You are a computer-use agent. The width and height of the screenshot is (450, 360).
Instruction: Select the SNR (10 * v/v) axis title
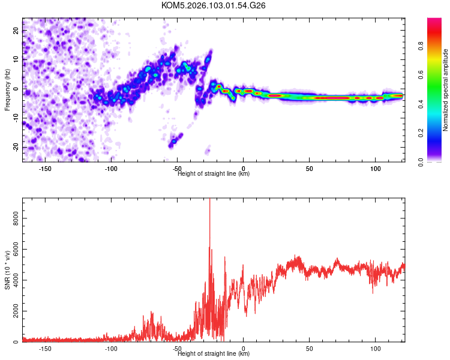pos(7,270)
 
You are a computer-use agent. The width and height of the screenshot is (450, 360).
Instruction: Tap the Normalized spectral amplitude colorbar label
pos(446,90)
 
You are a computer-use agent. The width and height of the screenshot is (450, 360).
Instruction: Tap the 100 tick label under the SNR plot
pos(376,349)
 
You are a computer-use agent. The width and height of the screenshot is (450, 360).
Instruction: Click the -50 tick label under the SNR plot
pos(177,349)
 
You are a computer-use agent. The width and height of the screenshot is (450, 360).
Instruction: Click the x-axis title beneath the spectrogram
pos(214,174)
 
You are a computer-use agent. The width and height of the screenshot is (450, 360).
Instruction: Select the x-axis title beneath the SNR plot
pos(214,354)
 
